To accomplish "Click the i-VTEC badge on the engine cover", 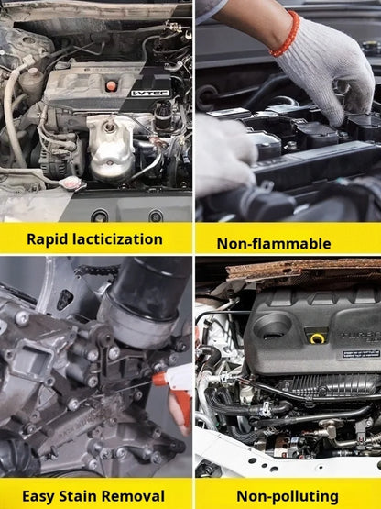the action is pos(150,94).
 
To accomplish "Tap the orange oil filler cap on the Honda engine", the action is pos(111,85).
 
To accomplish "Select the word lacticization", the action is pos(117,239).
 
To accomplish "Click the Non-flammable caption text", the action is pos(274,243).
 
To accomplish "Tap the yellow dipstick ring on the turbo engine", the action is pos(318,338).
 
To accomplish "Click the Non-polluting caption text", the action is pos(288,497).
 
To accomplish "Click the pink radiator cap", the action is pos(73,183).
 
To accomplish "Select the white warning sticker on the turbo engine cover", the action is pos(361,353).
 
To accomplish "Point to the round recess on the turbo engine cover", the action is pos(272,326).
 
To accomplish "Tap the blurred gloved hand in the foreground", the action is pos(224,155).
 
